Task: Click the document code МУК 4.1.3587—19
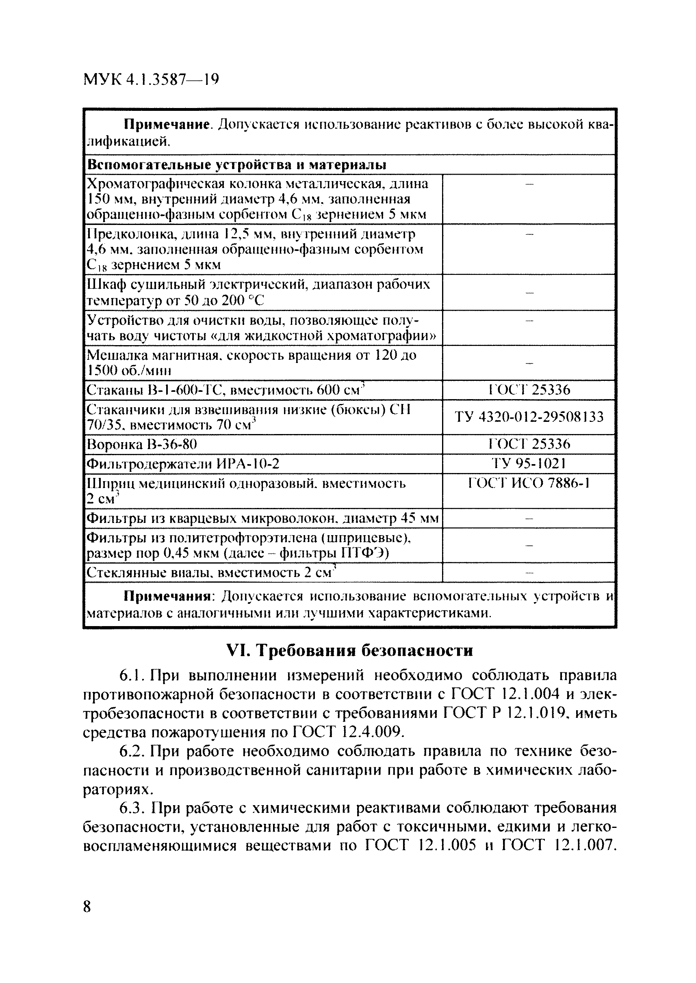151,79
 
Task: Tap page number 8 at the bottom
87,906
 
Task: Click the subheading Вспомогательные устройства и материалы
236,164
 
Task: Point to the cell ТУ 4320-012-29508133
529,417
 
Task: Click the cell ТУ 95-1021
529,463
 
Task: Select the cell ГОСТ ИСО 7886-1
529,483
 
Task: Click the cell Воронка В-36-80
142,444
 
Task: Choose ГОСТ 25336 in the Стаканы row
529,390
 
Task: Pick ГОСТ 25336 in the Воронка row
529,444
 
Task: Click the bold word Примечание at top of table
167,125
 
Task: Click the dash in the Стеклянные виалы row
529,573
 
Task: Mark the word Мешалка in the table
112,355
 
